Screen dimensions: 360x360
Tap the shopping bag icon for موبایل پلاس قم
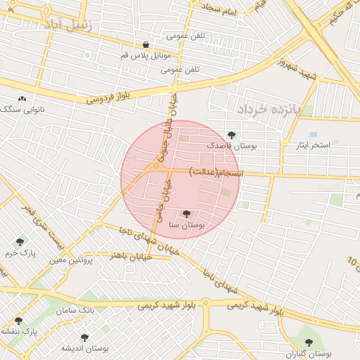tap(146, 44)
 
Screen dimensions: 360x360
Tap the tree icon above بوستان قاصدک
tap(232, 135)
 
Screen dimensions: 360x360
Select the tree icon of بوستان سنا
tap(186, 214)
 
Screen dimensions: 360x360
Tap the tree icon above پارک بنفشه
tap(18, 321)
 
